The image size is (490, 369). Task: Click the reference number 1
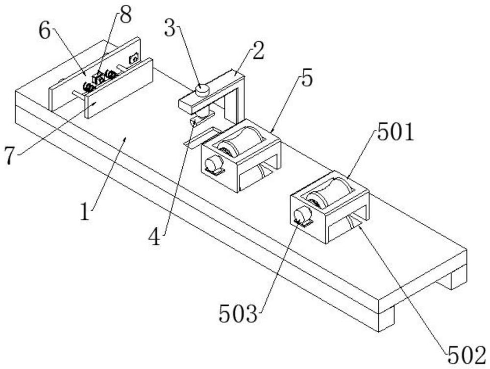pyautogui.click(x=85, y=211)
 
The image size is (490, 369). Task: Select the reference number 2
pyautogui.click(x=258, y=52)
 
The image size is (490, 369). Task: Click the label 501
pyautogui.click(x=395, y=132)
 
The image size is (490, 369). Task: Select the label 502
pyautogui.click(x=467, y=355)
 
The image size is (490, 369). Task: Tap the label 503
pyautogui.click(x=239, y=314)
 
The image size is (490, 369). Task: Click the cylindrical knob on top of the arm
pyautogui.click(x=202, y=90)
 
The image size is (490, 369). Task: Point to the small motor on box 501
pyautogui.click(x=302, y=216)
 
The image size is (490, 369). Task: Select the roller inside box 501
pyautogui.click(x=326, y=193)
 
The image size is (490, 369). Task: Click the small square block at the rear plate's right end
pyautogui.click(x=134, y=58)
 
